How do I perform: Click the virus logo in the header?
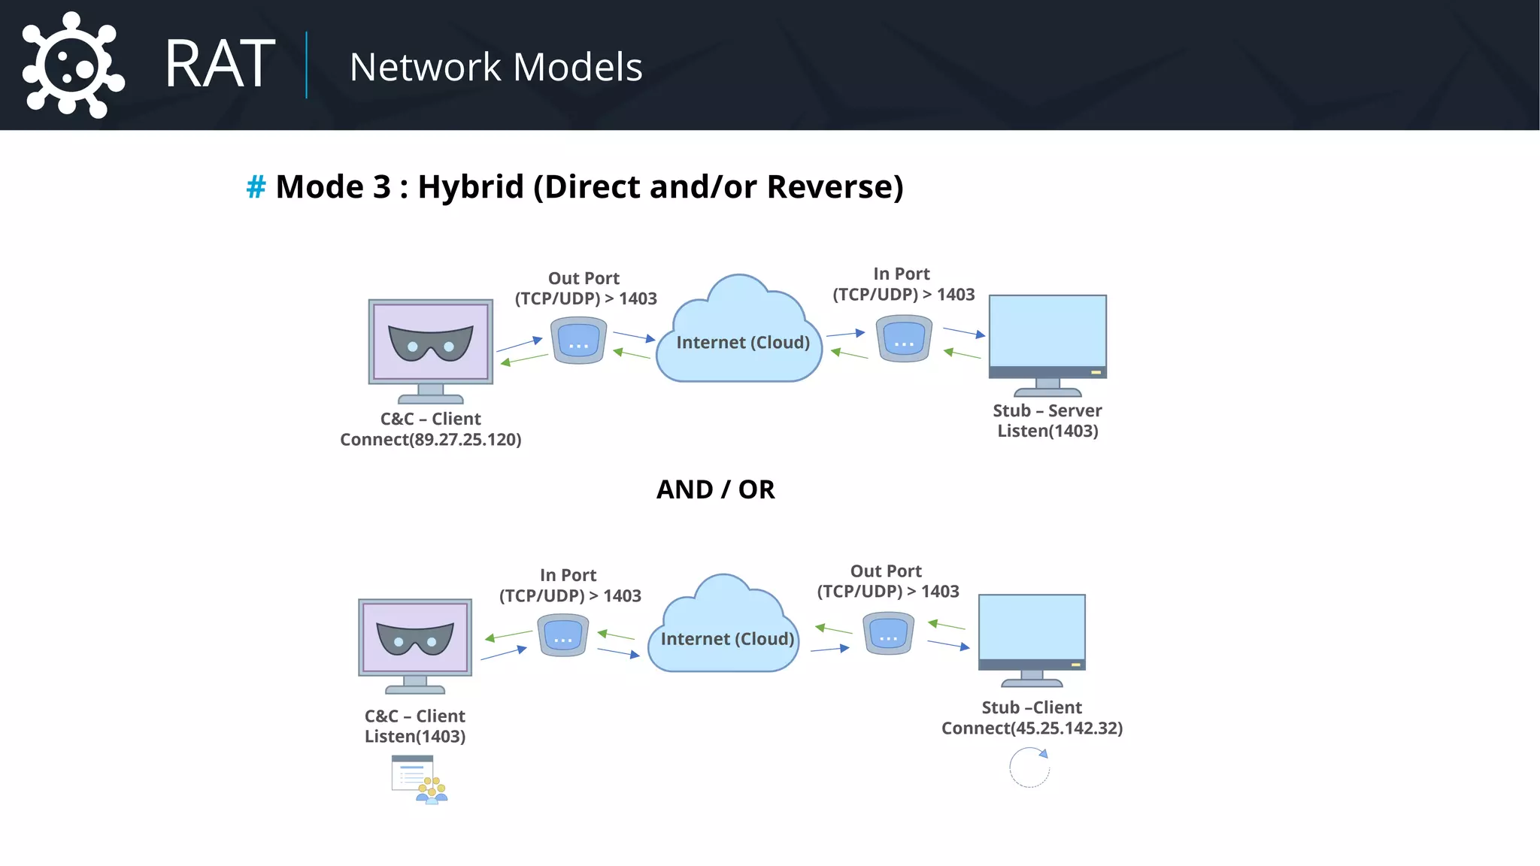pos(71,65)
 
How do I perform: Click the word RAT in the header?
pos(220,65)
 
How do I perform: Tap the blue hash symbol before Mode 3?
pos(256,187)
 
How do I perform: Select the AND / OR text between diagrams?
pos(715,489)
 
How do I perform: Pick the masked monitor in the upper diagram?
pos(430,344)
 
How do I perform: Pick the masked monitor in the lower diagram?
pos(415,640)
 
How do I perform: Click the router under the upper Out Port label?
pos(578,341)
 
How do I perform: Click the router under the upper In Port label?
pos(904,338)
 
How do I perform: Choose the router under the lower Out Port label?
pos(888,633)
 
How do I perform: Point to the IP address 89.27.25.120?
pos(465,440)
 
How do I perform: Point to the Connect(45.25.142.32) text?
pos(1032,728)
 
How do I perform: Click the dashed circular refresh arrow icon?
pos(1029,768)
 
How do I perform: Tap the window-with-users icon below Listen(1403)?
pos(419,780)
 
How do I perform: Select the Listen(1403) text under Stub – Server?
pos(1047,431)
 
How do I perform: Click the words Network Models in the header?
pos(496,67)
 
